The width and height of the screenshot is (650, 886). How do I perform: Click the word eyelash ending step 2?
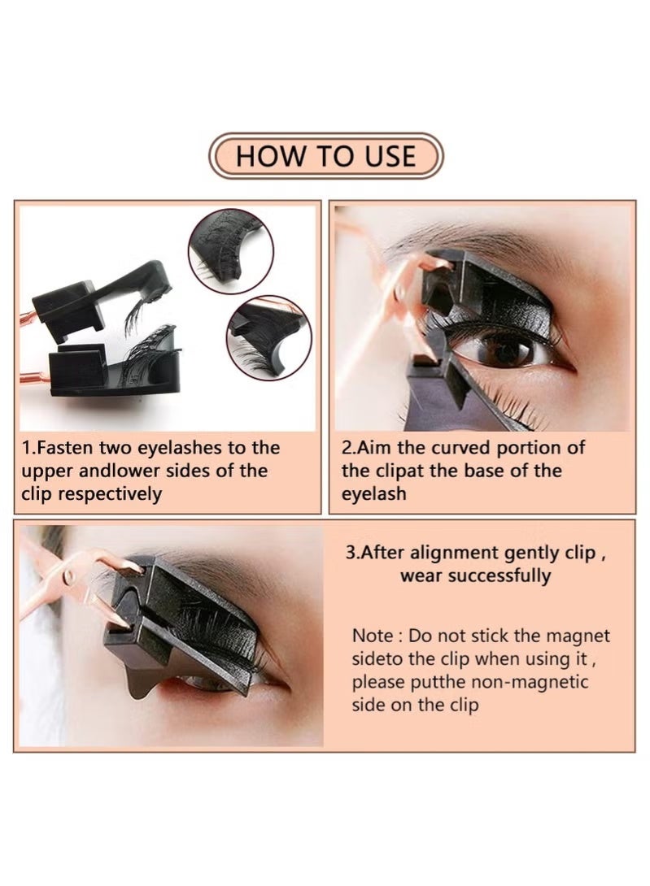pyautogui.click(x=373, y=493)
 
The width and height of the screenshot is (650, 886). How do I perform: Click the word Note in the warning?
pyautogui.click(x=375, y=636)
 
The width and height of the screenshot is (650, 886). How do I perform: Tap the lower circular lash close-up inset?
pyautogui.click(x=266, y=336)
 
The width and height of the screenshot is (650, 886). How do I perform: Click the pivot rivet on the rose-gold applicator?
pyautogui.click(x=69, y=579)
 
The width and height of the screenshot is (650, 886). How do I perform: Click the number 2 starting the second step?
pyautogui.click(x=347, y=448)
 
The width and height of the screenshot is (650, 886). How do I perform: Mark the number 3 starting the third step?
pyautogui.click(x=351, y=553)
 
